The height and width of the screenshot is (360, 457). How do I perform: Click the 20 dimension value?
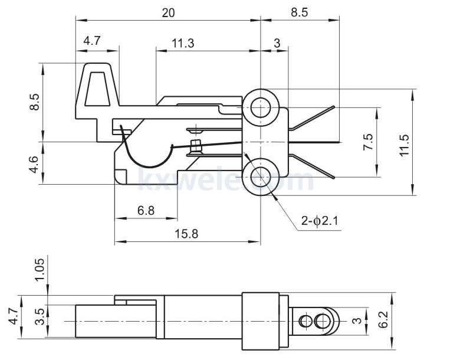click(x=168, y=12)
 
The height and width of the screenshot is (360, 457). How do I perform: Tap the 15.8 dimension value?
click(x=186, y=234)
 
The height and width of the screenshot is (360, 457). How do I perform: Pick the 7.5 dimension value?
click(x=369, y=142)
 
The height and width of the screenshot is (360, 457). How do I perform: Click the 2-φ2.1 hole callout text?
click(x=319, y=221)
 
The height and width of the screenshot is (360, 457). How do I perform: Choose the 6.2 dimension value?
click(x=384, y=320)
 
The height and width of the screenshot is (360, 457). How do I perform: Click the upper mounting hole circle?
click(x=260, y=108)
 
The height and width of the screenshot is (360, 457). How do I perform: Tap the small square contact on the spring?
click(x=196, y=145)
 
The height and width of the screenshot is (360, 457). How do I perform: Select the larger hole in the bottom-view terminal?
click(x=322, y=321)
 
